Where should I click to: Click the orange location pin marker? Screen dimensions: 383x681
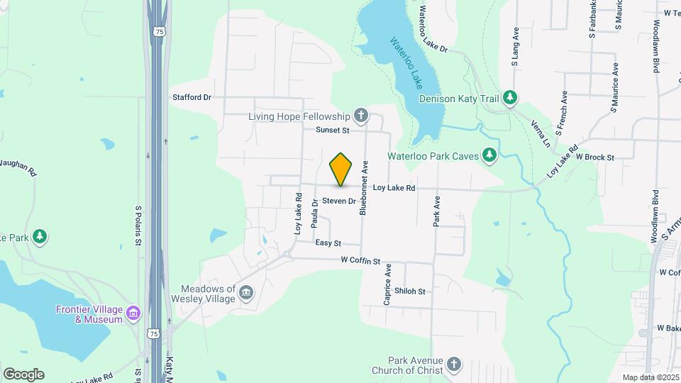click(x=341, y=169)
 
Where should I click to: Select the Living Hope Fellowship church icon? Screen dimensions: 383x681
click(x=361, y=116)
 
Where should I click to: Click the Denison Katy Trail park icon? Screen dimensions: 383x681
click(x=509, y=98)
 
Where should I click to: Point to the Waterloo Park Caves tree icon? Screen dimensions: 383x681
click(x=489, y=155)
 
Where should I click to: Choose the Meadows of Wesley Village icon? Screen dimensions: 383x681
click(x=246, y=293)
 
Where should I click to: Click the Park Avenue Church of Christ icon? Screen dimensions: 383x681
click(x=454, y=365)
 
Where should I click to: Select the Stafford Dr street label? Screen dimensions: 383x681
click(x=192, y=97)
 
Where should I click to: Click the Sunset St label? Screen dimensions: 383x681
click(x=333, y=131)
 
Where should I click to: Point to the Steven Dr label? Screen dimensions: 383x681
click(x=338, y=201)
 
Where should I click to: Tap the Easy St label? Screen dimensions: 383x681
click(x=328, y=243)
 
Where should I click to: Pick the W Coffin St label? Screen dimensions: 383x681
click(x=360, y=262)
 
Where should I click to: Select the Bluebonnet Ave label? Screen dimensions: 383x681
click(x=364, y=187)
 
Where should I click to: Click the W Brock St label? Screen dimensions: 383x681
click(x=594, y=157)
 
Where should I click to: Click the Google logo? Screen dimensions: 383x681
click(x=23, y=374)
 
